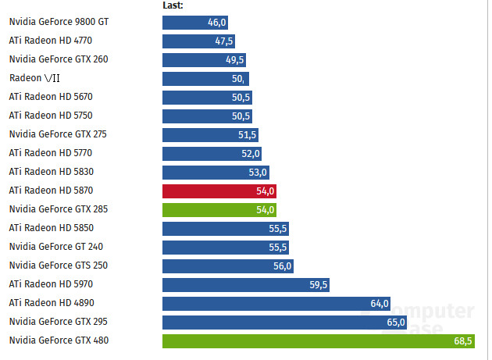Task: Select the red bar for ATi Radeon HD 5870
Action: coord(219,191)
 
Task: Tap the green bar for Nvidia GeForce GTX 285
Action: coord(219,209)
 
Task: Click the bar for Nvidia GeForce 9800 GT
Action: coord(194,22)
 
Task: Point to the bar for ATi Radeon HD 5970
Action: coord(246,284)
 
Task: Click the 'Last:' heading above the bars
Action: coord(173,5)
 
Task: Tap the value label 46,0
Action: coord(216,22)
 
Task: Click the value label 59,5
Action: coord(318,284)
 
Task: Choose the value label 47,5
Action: coord(224,41)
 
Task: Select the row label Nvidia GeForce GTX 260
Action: coord(59,59)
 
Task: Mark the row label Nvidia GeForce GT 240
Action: coord(55,247)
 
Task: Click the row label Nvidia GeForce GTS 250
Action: coord(58,266)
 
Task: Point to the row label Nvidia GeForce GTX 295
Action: coord(58,322)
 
